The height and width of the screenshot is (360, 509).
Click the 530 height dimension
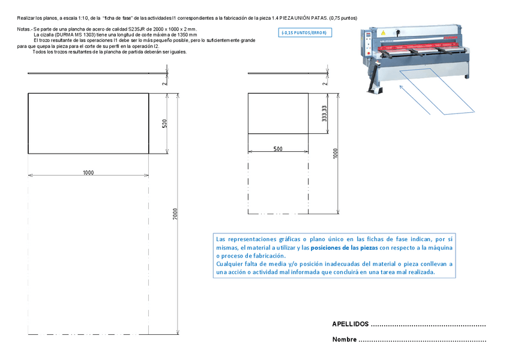(163, 124)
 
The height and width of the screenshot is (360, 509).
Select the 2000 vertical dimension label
(175, 214)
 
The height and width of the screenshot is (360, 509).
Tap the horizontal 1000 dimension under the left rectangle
(88, 172)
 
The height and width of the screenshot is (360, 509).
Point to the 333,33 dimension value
(324, 114)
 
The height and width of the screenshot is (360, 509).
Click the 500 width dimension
(278, 149)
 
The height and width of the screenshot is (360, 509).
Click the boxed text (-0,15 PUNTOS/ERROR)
(306, 33)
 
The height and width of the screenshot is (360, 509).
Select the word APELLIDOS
(350, 324)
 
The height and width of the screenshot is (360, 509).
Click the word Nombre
(345, 340)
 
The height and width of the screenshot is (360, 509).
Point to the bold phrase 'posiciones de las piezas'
(345, 247)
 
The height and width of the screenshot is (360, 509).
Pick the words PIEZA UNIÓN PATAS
(303, 18)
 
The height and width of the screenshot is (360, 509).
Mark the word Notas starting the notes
(23, 29)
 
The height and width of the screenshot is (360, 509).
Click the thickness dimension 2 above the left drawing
(164, 83)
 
